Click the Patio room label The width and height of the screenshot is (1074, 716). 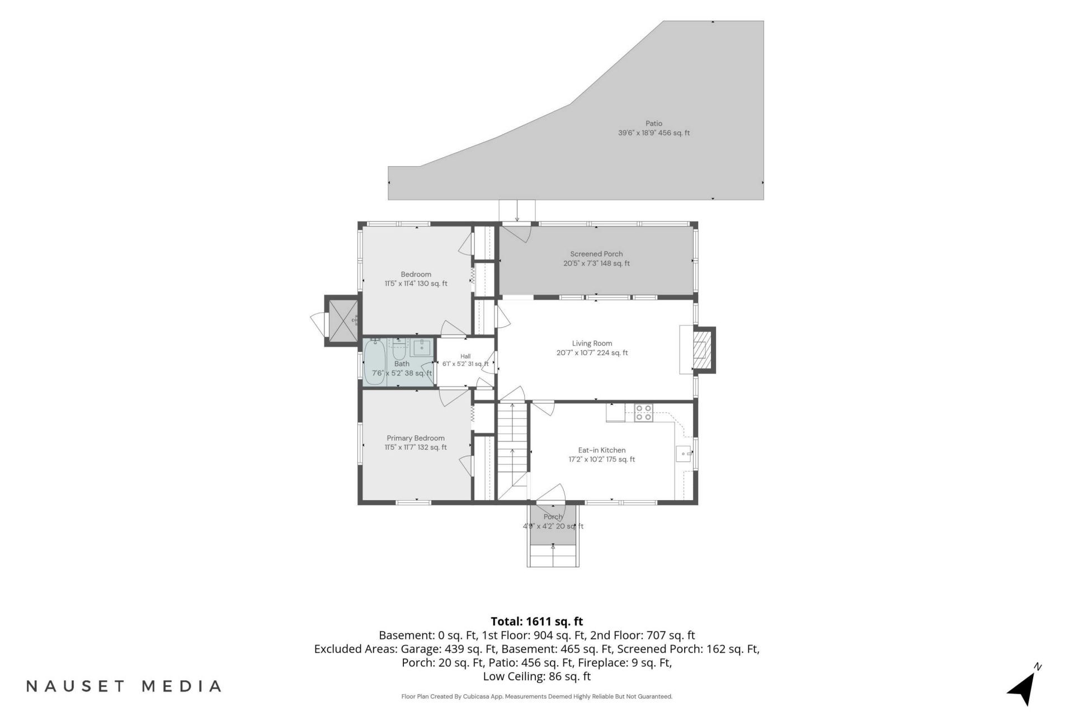coord(653,124)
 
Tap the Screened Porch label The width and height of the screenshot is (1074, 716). coord(596,254)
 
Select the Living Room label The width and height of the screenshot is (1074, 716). coord(592,343)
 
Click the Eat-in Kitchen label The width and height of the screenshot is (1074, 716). coord(602,450)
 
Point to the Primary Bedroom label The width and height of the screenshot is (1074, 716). coord(416,439)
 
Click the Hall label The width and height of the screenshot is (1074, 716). coord(465,356)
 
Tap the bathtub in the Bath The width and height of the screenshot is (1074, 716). coord(375,362)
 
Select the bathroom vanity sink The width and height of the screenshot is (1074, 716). coord(421,347)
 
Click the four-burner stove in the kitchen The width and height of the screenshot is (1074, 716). coord(643,413)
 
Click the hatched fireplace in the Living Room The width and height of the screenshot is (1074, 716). coord(700,350)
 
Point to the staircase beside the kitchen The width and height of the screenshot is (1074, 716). coord(513,451)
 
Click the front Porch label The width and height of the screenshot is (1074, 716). coord(553,517)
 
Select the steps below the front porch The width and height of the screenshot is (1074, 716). coord(553,555)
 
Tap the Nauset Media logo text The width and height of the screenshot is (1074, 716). coord(124,686)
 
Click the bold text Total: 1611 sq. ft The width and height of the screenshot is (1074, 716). coord(537,621)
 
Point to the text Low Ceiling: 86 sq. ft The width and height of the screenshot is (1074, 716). coord(537,676)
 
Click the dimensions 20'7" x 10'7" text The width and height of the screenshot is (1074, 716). coord(592,353)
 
